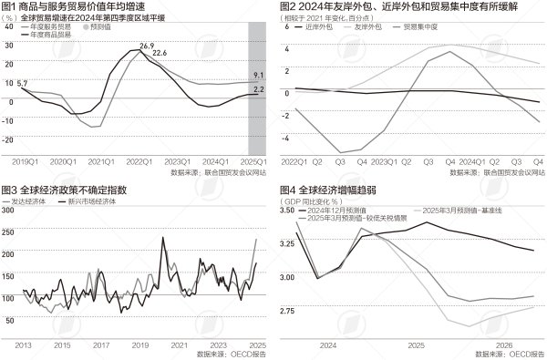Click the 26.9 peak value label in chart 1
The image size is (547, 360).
147,45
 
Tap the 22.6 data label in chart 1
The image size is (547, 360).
160,54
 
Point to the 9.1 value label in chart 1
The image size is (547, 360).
258,75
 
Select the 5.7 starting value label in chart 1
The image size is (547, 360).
23,83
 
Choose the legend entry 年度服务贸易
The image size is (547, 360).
51,26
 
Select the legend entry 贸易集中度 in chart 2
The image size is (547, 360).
419,28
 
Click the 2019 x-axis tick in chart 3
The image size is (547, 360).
140,345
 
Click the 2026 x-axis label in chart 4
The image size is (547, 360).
503,345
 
